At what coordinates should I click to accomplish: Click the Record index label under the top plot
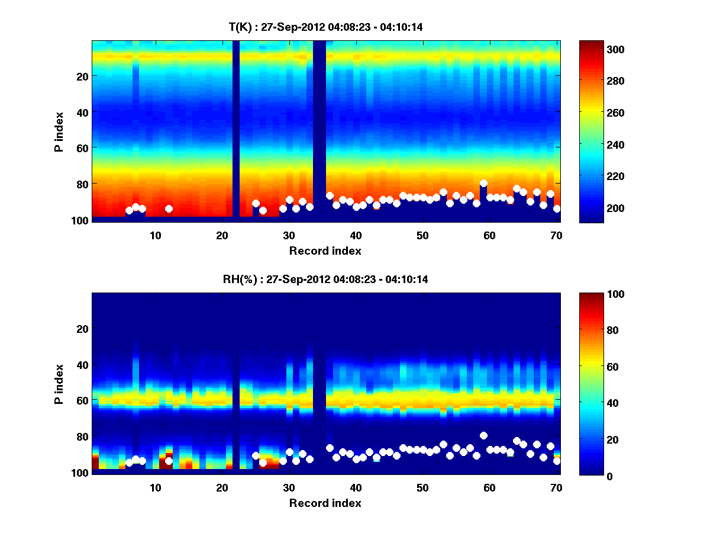click(325, 251)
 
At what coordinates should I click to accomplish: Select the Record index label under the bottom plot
click(325, 503)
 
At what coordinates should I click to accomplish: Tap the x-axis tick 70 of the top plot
click(556, 235)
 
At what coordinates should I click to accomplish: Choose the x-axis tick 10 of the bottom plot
click(155, 488)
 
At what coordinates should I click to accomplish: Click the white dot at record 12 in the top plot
click(169, 208)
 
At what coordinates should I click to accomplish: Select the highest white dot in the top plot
click(483, 184)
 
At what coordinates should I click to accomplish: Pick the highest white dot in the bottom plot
click(483, 435)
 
